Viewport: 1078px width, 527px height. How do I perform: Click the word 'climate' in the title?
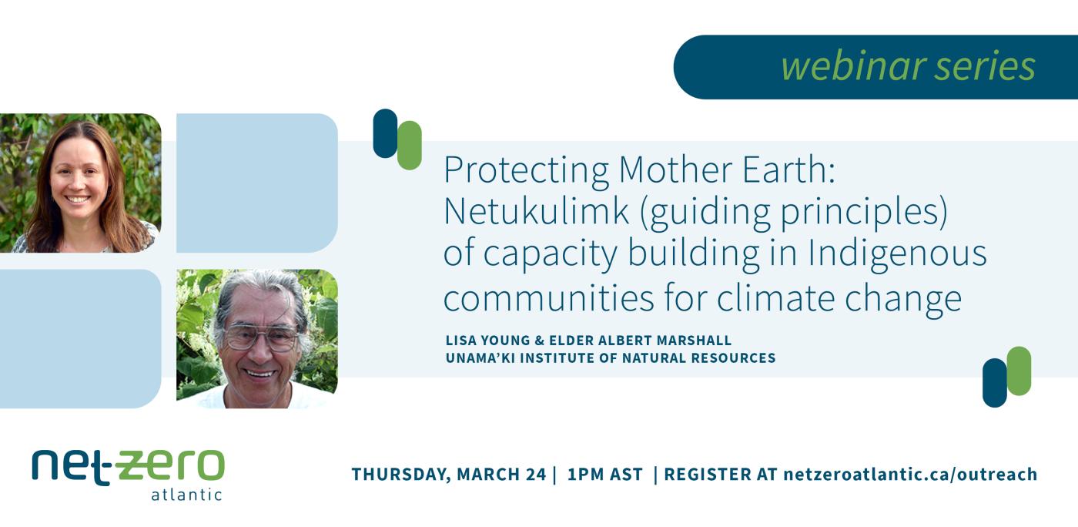pyautogui.click(x=787, y=297)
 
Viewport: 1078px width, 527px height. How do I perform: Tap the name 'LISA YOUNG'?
pyautogui.click(x=483, y=341)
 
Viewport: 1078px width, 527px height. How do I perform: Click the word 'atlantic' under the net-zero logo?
pyautogui.click(x=186, y=495)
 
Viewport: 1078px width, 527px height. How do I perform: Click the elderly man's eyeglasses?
pyautogui.click(x=262, y=337)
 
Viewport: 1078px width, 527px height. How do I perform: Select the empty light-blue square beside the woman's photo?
pyautogui.click(x=256, y=183)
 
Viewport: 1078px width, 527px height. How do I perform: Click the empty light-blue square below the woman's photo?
pyautogui.click(x=80, y=338)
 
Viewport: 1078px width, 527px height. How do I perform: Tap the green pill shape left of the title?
pyautogui.click(x=410, y=145)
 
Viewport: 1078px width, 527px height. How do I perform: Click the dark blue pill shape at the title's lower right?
pyautogui.click(x=994, y=382)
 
